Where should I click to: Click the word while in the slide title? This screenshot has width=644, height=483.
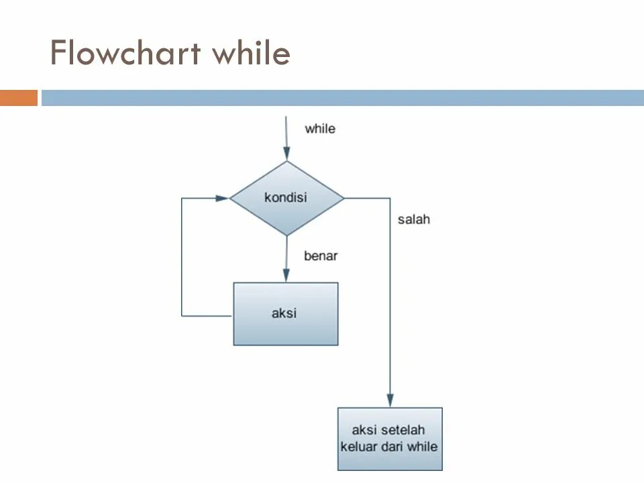tap(251, 53)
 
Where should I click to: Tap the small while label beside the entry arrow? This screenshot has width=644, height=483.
tap(320, 128)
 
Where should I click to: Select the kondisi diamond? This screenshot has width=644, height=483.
tap(286, 198)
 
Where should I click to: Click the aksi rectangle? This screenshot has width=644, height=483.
tap(285, 313)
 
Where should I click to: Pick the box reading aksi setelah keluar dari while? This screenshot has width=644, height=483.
tap(390, 438)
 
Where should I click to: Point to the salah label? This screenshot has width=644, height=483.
tap(413, 219)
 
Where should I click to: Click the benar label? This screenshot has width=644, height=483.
tap(321, 256)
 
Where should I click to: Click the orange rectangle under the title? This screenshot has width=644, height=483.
tap(19, 98)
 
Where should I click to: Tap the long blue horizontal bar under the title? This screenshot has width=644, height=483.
tap(342, 98)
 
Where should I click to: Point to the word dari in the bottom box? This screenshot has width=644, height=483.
tap(398, 446)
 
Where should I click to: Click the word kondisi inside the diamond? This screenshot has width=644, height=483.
tap(285, 198)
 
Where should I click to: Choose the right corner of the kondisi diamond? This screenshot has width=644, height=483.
tap(342, 198)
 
